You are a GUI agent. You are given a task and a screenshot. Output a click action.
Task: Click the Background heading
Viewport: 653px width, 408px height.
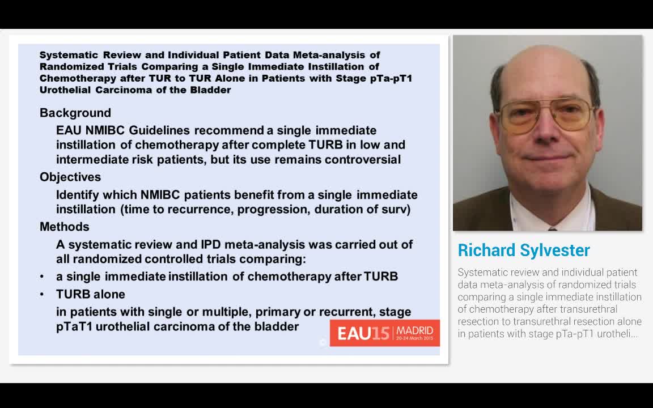(75, 113)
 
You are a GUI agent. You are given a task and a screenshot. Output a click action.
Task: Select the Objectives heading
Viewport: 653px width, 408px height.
(70, 177)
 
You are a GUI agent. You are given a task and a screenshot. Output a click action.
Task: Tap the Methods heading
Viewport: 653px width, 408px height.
(65, 227)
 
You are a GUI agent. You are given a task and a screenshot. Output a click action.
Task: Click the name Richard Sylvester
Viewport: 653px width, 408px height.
(524, 250)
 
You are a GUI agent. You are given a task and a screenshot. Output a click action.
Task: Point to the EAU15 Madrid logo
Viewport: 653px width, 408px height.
(385, 333)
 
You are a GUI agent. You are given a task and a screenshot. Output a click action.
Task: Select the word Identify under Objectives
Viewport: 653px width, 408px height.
(78, 195)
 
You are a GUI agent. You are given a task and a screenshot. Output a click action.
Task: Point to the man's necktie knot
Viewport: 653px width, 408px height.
(552, 228)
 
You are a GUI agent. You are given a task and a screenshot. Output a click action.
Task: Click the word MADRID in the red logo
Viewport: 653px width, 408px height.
(415, 330)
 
